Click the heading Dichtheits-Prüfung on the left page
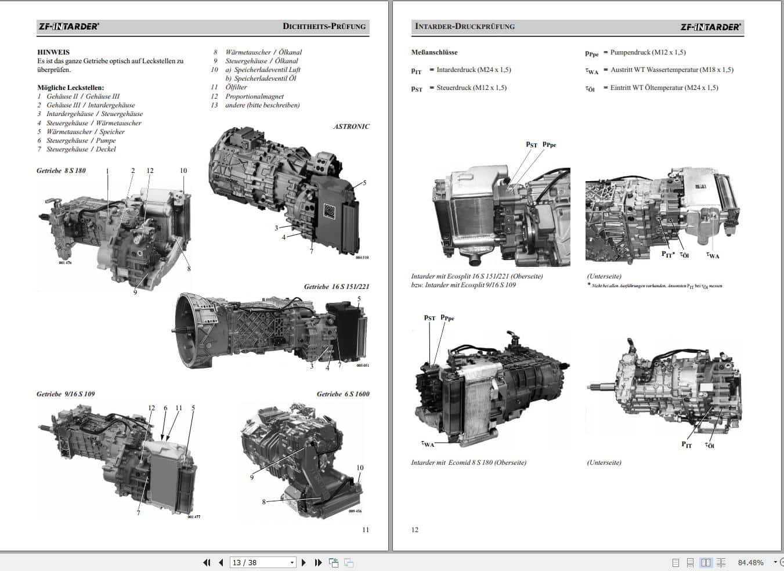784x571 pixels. point(324,26)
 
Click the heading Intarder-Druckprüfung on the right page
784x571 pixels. point(464,26)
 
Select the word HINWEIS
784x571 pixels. point(53,52)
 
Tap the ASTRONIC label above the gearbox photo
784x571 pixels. point(351,127)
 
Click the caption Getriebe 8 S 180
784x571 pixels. point(61,171)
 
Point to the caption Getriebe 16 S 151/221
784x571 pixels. point(336,287)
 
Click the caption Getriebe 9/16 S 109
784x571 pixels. point(66,394)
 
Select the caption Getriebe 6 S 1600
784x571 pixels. point(342,394)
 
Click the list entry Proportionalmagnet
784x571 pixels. point(254,96)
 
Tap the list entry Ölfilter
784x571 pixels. point(236,87)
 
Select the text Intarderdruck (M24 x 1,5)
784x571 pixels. point(474,70)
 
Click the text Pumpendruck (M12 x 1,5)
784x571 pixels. point(648,52)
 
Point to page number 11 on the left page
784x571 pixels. point(365,530)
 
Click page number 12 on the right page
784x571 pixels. point(414,530)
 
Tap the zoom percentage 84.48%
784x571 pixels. point(750,562)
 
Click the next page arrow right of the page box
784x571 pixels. point(304,562)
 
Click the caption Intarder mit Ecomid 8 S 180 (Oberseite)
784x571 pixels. point(468,462)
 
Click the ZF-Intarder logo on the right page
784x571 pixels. point(710,27)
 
